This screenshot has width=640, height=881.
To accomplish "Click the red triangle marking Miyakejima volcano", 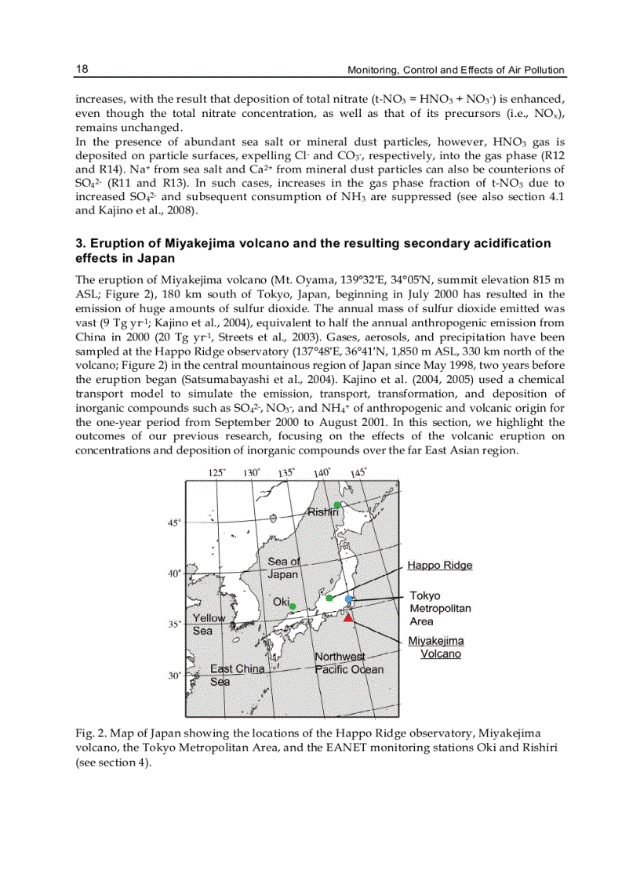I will pyautogui.click(x=348, y=617).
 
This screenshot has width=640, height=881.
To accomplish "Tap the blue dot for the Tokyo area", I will pyautogui.click(x=349, y=599).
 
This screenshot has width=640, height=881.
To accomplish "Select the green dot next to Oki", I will pyautogui.click(x=292, y=606).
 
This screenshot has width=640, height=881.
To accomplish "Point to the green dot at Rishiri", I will pyautogui.click(x=336, y=504).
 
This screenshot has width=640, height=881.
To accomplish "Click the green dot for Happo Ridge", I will pyautogui.click(x=329, y=599).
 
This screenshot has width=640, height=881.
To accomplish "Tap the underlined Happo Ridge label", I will pyautogui.click(x=440, y=565).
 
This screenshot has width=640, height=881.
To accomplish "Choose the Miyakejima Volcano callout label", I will pyautogui.click(x=436, y=647).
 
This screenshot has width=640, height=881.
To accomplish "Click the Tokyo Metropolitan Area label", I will pyautogui.click(x=440, y=608).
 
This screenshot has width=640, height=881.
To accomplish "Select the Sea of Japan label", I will pyautogui.click(x=283, y=567).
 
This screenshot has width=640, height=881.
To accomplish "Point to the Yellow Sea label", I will pyautogui.click(x=208, y=624).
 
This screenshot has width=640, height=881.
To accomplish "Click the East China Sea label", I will pyautogui.click(x=236, y=675).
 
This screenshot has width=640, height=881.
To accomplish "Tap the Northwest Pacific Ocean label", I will pyautogui.click(x=349, y=663).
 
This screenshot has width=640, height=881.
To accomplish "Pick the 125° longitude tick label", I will pyautogui.click(x=217, y=472).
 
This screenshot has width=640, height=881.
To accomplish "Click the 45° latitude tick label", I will pyautogui.click(x=174, y=522).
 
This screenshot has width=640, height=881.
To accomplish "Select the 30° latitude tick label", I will pyautogui.click(x=174, y=675).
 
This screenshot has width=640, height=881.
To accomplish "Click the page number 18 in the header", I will pyautogui.click(x=82, y=69).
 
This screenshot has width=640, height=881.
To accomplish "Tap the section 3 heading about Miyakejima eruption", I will pyautogui.click(x=312, y=250).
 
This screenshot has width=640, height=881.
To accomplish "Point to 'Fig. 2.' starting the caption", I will pyautogui.click(x=90, y=733).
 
